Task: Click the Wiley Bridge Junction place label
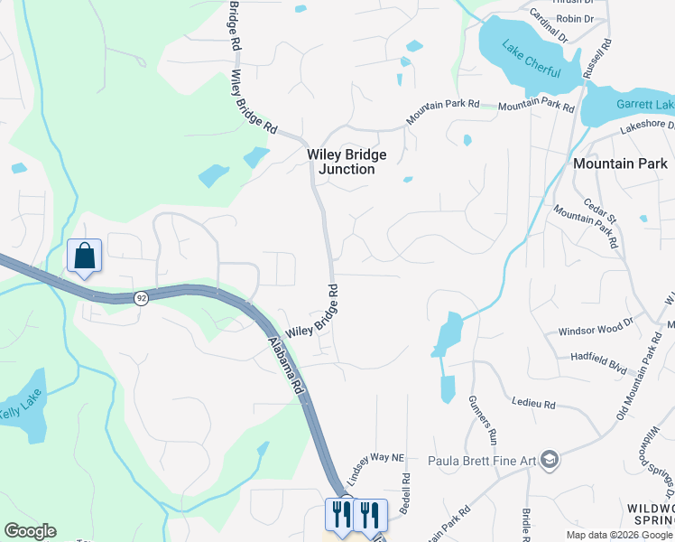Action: (340, 161)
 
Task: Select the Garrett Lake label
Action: (644, 105)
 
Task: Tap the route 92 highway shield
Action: (142, 298)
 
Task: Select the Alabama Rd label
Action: (286, 365)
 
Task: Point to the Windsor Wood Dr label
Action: (596, 332)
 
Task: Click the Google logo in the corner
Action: (30, 531)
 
